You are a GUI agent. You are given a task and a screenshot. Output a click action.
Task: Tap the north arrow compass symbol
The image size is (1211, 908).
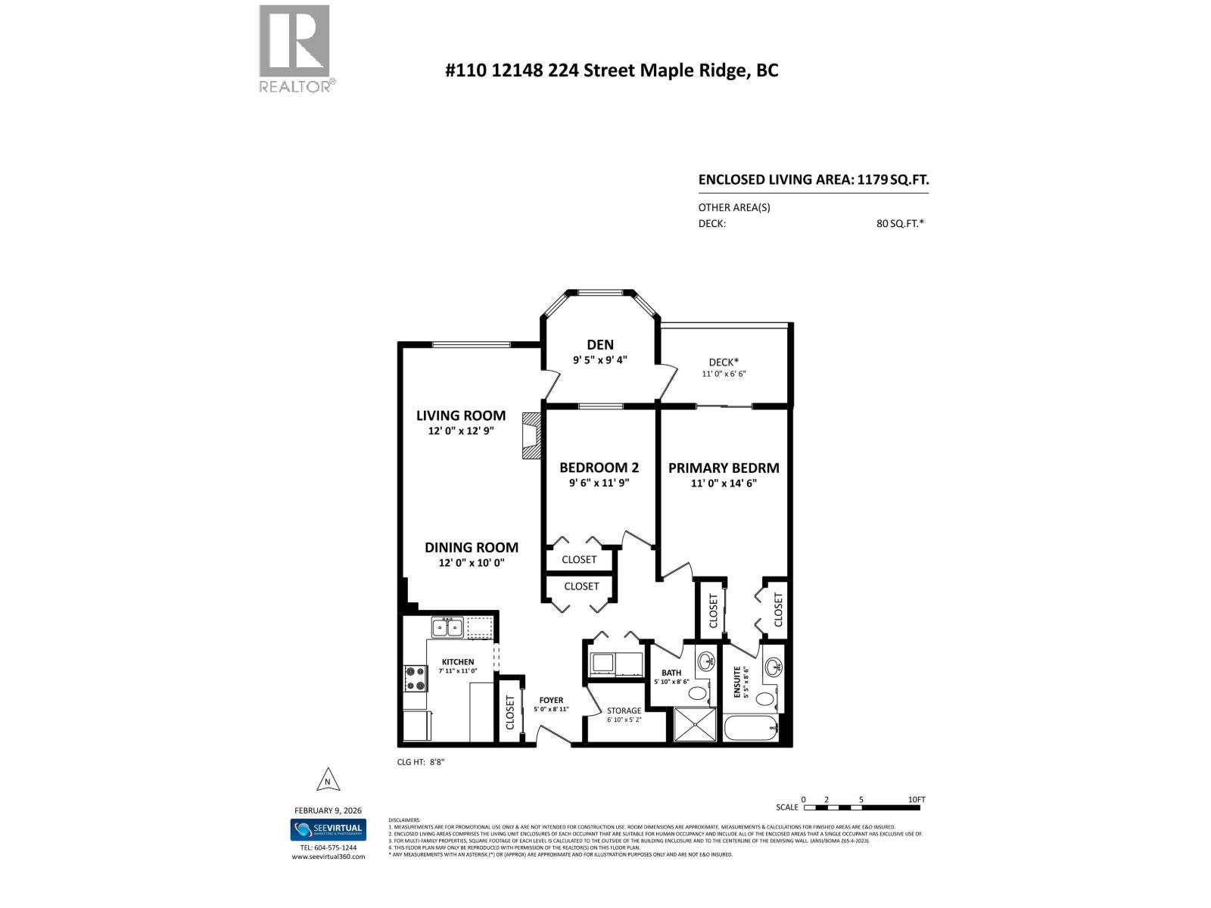(327, 780)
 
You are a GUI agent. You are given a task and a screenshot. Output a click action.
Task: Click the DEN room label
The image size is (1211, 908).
(599, 345)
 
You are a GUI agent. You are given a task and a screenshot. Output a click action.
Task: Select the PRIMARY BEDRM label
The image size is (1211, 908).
(723, 468)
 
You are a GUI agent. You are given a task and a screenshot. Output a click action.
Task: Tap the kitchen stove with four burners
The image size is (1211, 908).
(414, 678)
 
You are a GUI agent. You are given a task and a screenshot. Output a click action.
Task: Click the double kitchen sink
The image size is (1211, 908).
(447, 627)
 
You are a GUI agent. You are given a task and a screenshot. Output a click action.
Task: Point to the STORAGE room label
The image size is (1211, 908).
(624, 711)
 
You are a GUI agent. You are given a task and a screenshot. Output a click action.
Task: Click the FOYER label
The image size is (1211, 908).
(551, 700)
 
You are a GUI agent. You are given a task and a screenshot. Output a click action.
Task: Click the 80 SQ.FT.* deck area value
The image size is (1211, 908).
(900, 223)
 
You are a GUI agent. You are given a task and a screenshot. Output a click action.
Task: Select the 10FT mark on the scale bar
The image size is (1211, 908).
(916, 800)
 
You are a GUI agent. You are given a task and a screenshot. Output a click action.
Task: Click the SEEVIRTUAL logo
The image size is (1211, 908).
(328, 829)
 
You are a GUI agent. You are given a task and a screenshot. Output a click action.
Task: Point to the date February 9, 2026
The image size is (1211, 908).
(328, 810)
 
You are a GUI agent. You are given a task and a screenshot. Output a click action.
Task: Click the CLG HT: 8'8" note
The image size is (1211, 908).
(421, 762)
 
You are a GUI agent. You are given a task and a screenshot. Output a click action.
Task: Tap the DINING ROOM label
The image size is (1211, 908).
(471, 547)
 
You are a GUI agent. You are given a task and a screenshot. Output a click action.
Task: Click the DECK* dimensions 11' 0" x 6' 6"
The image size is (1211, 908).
(724, 374)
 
